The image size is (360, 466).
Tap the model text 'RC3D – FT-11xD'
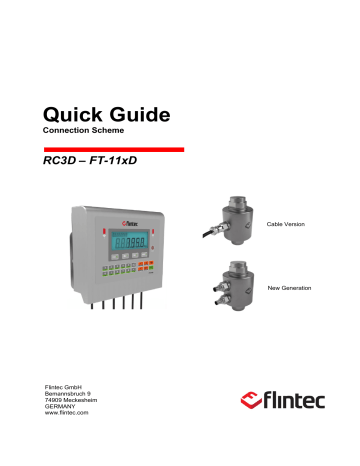pyautogui.click(x=91, y=158)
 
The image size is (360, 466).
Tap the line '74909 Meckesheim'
pyautogui.click(x=76, y=402)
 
